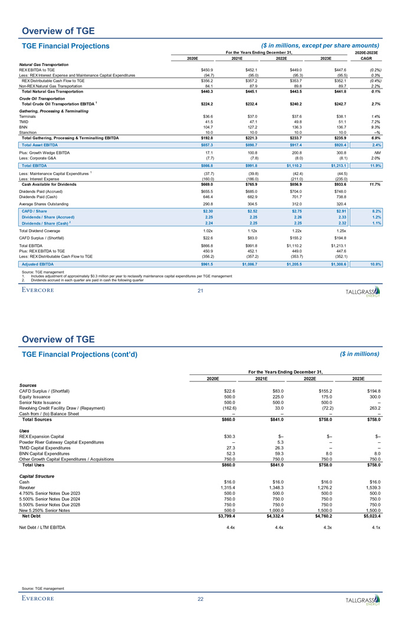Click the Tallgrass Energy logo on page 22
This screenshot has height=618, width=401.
tap(362, 600)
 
